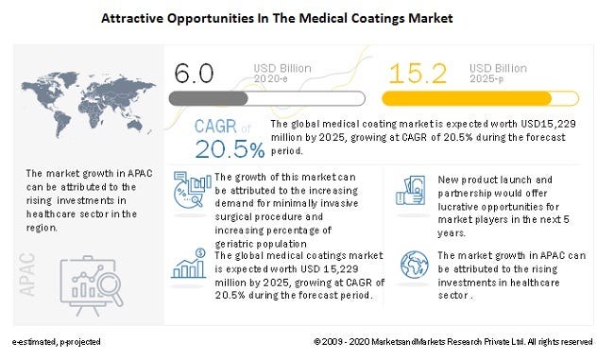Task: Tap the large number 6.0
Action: click(x=194, y=75)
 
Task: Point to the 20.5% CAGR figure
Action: click(x=230, y=148)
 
